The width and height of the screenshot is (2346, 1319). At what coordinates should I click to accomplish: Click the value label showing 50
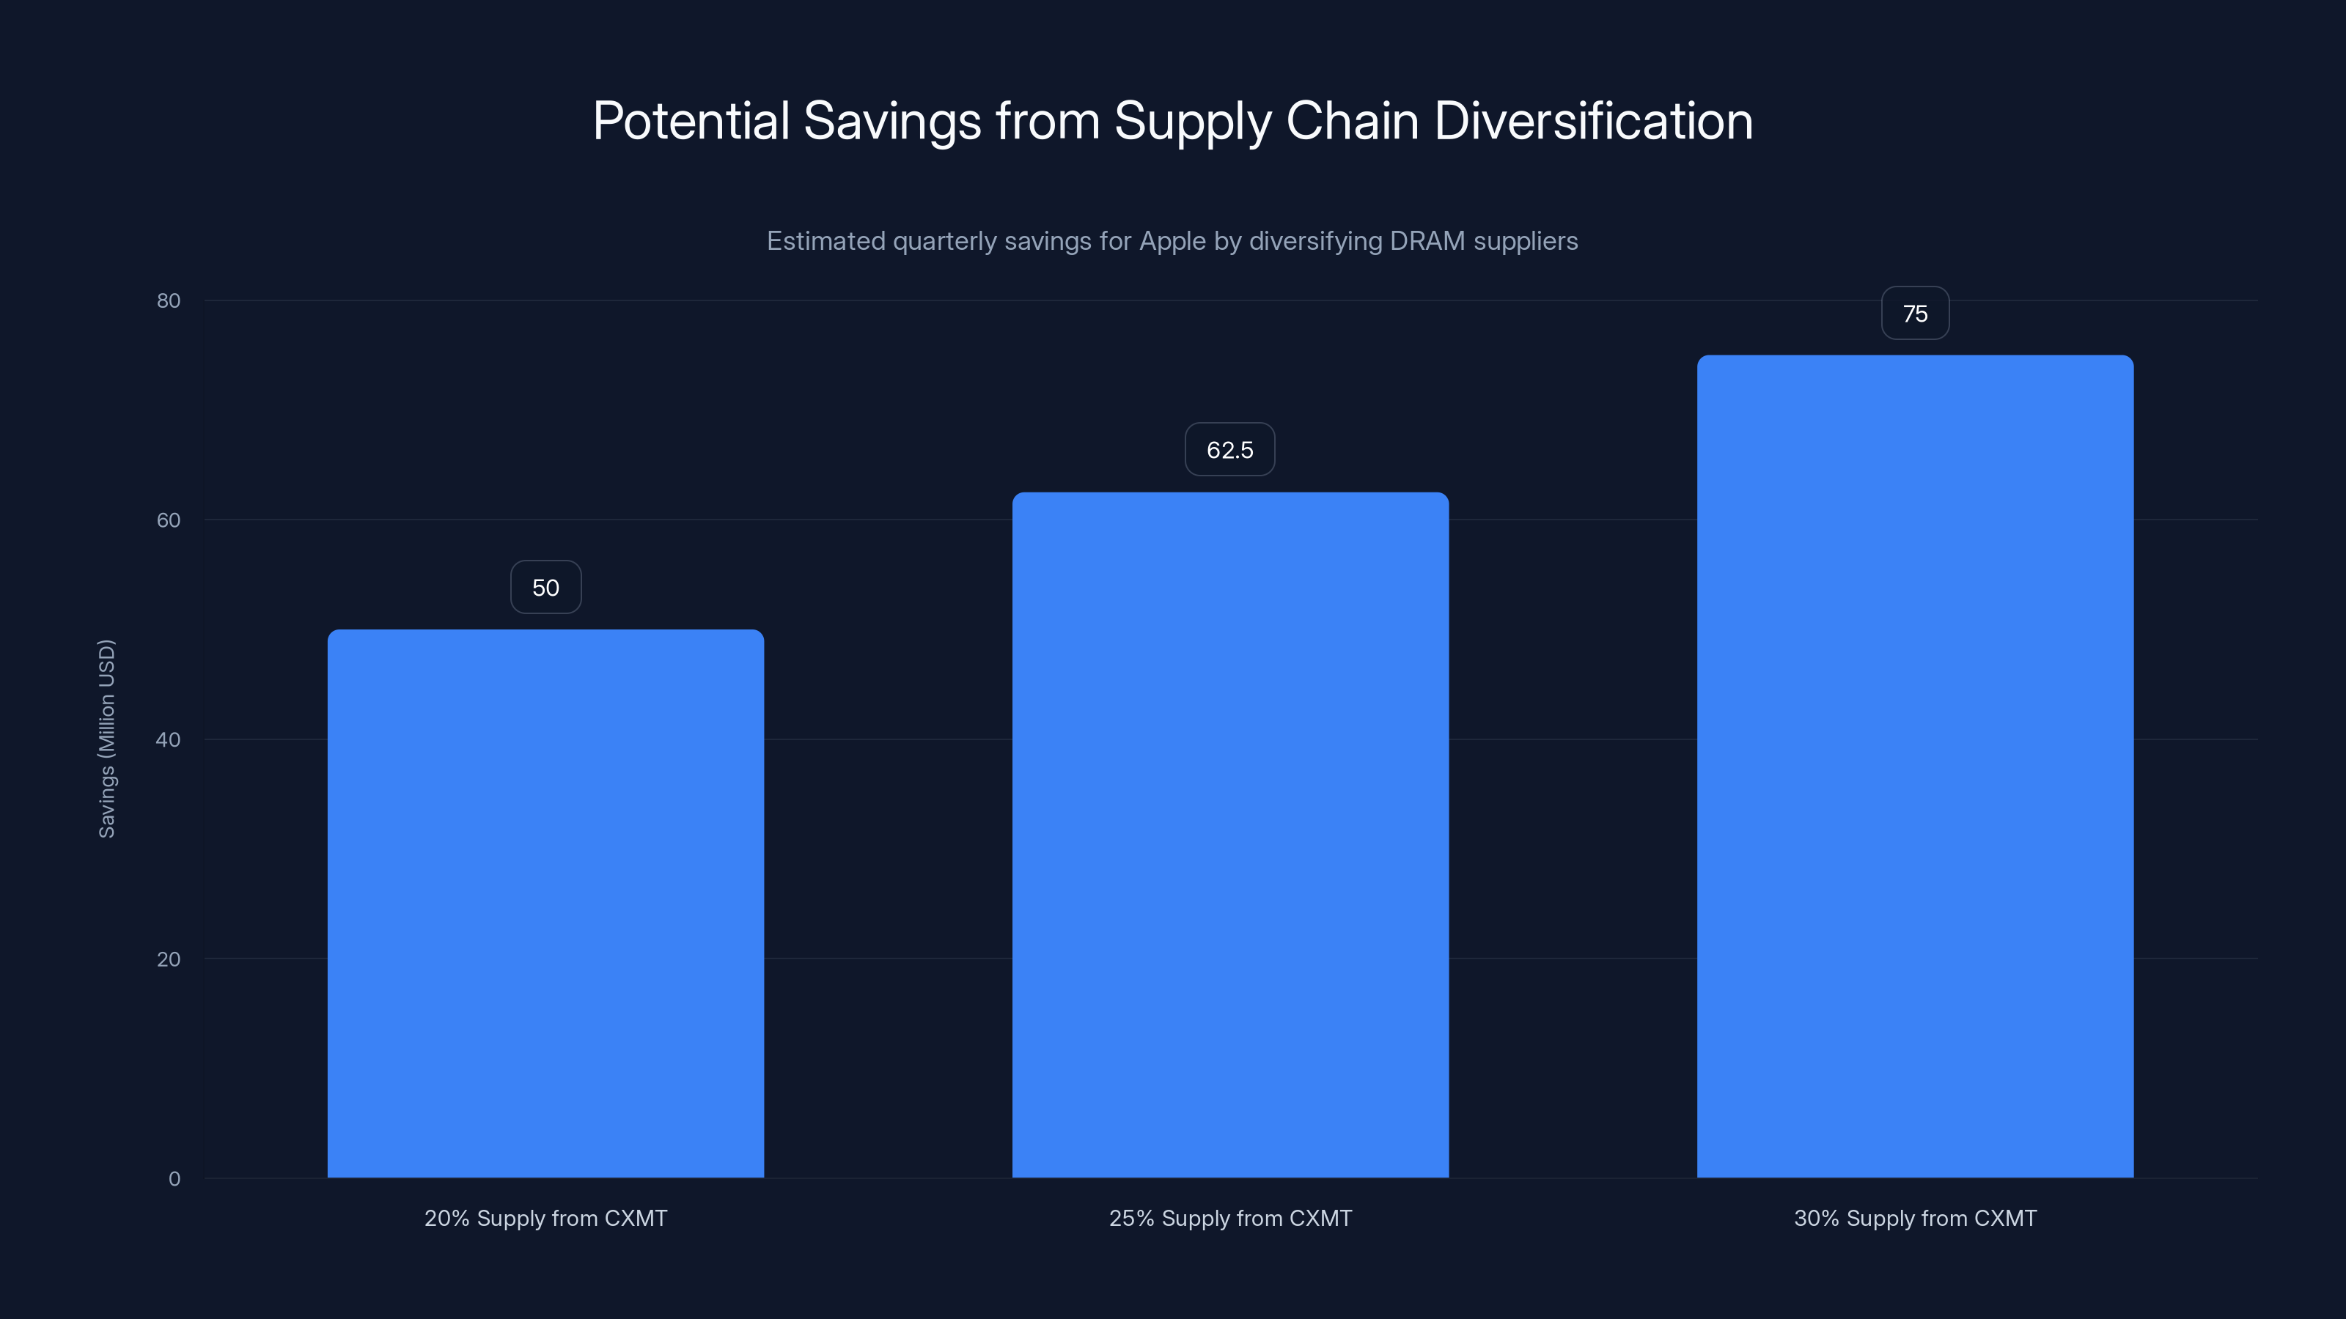(545, 588)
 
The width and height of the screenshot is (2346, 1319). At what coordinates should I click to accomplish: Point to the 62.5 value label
(1229, 450)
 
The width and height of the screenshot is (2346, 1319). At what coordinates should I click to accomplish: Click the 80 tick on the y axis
(169, 301)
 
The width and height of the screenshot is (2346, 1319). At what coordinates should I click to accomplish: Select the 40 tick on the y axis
(169, 740)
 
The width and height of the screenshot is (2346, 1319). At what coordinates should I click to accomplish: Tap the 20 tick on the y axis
(169, 959)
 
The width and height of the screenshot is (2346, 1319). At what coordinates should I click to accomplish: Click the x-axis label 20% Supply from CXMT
(545, 1219)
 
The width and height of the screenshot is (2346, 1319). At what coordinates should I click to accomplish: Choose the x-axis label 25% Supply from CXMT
(1230, 1219)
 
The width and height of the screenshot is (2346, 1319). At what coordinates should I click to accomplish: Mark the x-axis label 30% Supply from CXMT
(1915, 1219)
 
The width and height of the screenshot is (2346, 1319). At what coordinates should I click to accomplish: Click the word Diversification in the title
(1593, 121)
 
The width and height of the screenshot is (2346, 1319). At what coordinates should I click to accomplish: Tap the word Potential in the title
(691, 121)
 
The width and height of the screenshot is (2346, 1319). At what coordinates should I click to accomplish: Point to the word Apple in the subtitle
(1172, 241)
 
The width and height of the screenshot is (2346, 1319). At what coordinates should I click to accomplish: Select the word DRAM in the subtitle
(1427, 241)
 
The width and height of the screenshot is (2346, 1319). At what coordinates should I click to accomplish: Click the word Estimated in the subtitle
(825, 241)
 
